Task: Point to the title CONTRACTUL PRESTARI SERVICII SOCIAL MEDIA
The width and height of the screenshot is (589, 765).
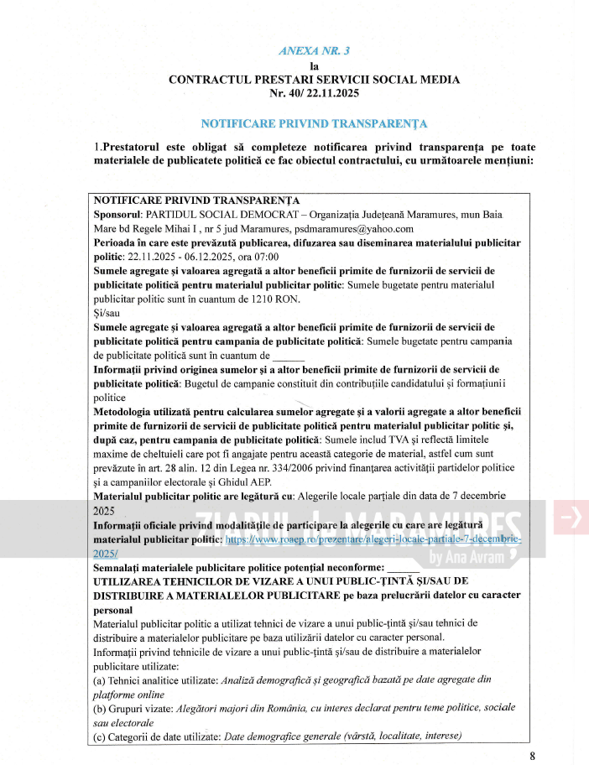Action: tap(314, 80)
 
